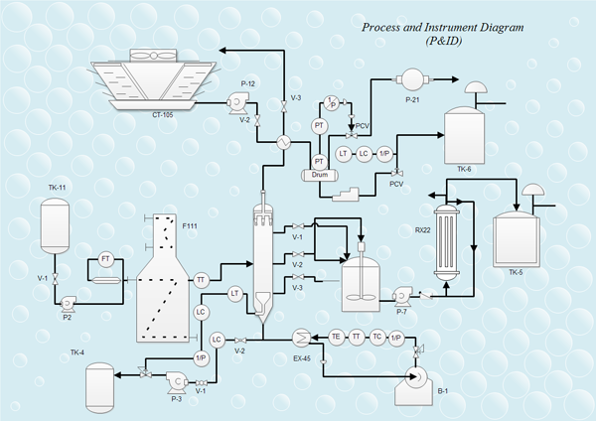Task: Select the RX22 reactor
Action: click(448, 233)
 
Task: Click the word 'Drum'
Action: click(320, 175)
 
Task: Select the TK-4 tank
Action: click(98, 384)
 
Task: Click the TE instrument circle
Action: click(337, 338)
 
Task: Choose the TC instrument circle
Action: click(377, 338)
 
